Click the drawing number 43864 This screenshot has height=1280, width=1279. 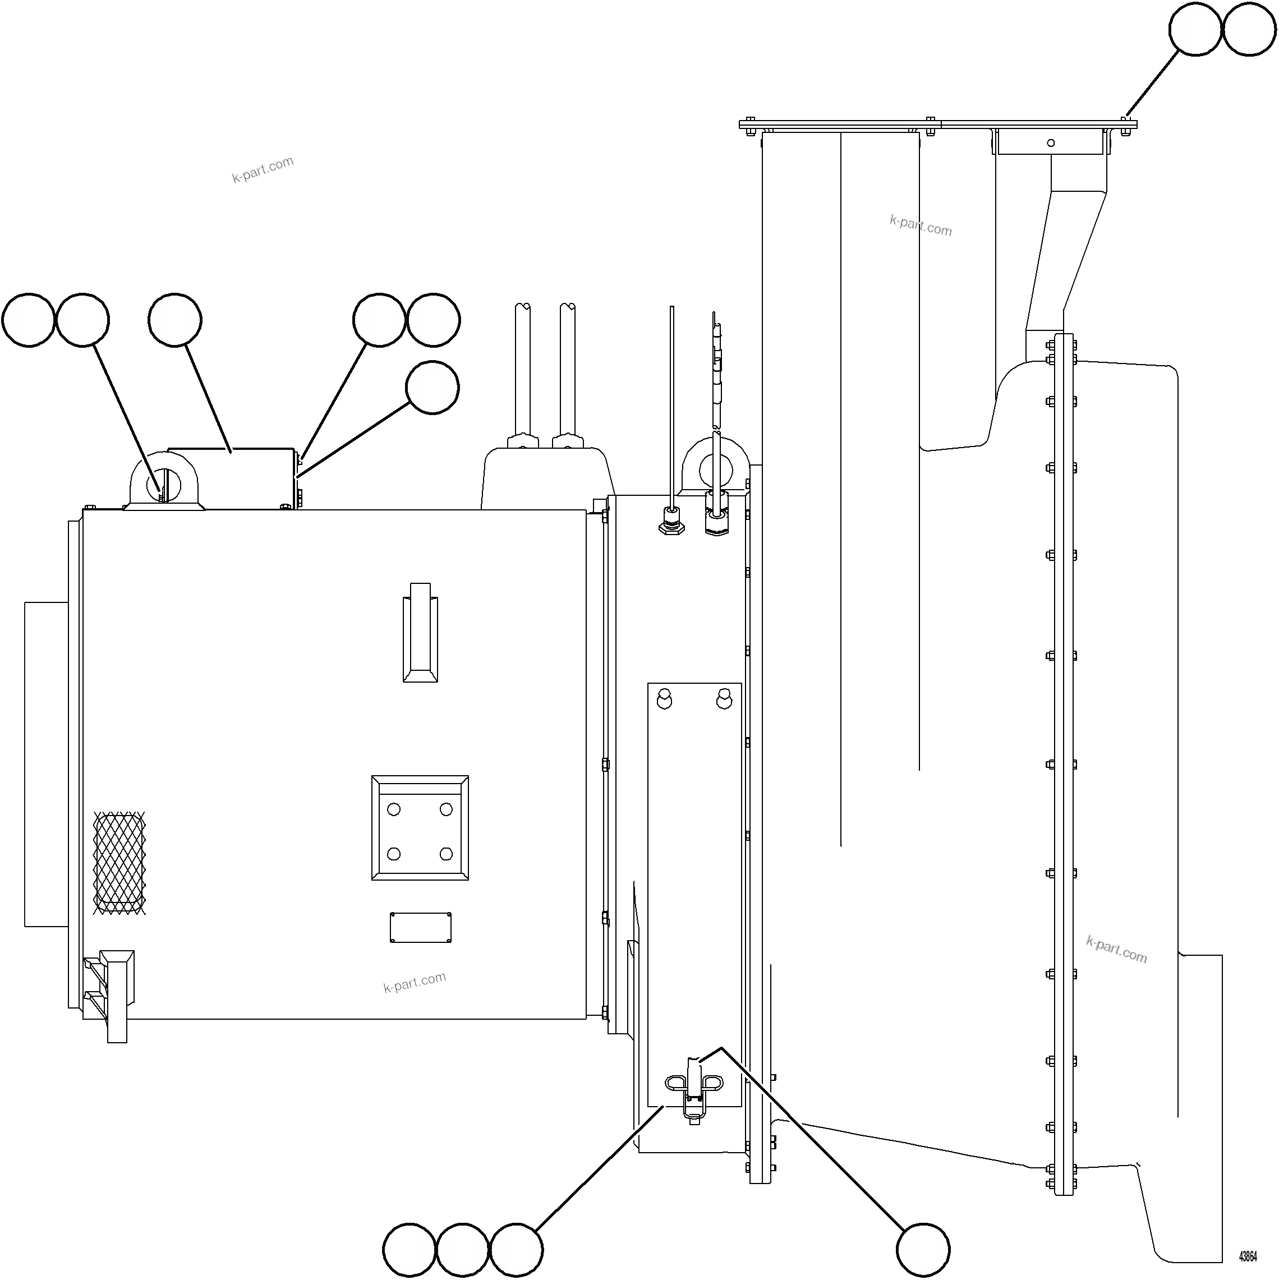[1248, 1256]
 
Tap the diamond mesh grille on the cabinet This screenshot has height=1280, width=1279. [119, 863]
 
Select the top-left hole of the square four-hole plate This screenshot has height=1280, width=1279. [394, 809]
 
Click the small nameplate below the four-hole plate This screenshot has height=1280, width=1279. [421, 928]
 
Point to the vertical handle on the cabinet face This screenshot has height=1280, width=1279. [420, 633]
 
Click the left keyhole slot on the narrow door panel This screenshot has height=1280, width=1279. [664, 698]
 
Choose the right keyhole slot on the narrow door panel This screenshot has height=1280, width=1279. [724, 698]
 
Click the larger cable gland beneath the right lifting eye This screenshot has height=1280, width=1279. [716, 513]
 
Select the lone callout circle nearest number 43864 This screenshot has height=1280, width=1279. [923, 1250]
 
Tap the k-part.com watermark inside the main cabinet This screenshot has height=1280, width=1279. [415, 982]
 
